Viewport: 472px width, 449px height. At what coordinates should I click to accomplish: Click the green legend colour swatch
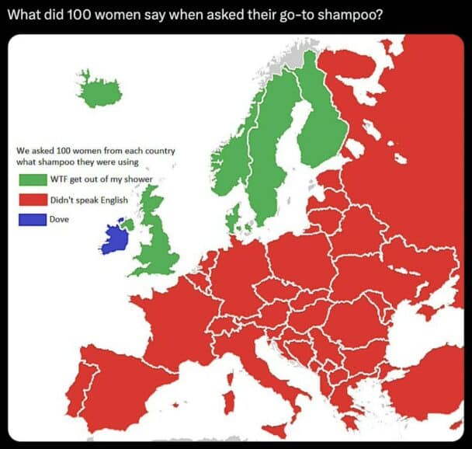click(x=33, y=180)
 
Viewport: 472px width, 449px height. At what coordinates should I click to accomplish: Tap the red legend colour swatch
click(x=33, y=200)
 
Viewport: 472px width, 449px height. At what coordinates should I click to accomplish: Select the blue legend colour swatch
click(x=33, y=219)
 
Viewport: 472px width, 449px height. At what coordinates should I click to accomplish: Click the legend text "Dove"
click(x=59, y=219)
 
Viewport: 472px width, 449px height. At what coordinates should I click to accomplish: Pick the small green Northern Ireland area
click(x=129, y=224)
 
